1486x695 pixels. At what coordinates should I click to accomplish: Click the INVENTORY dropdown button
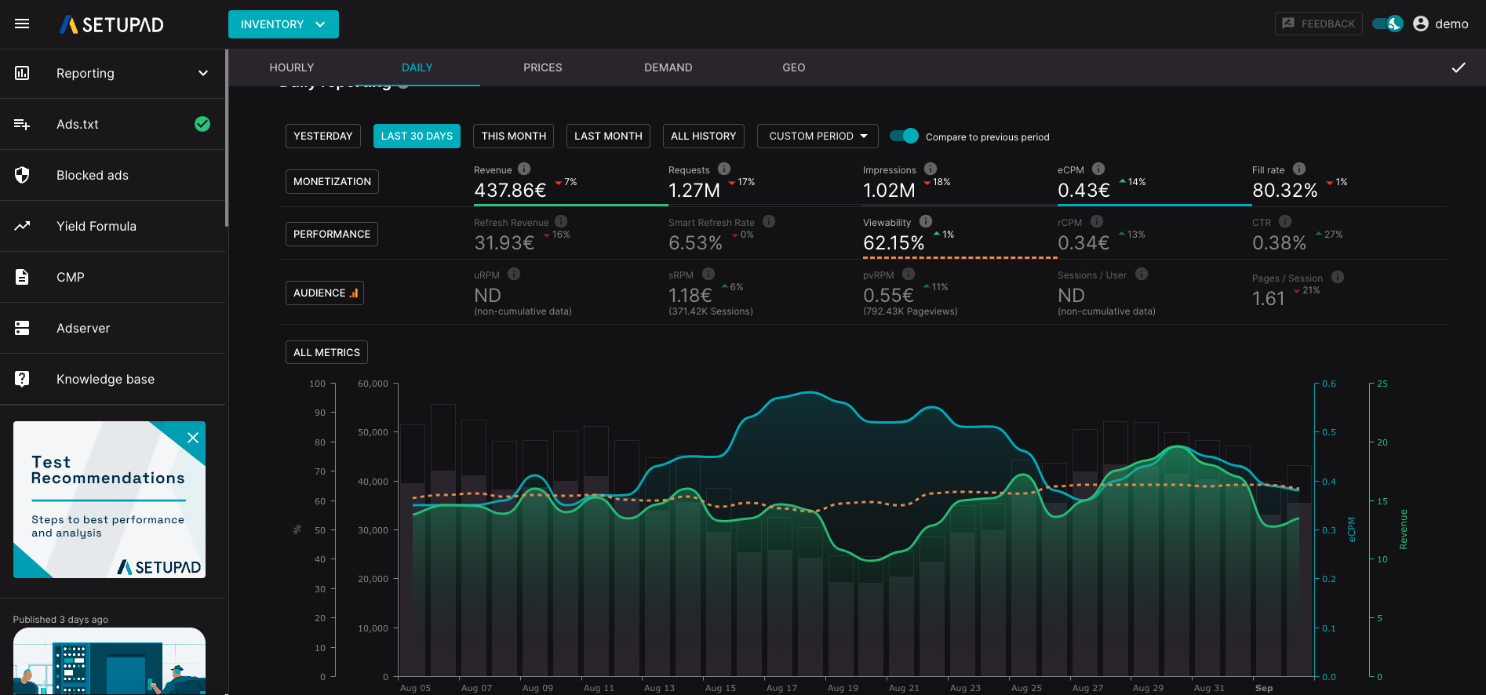pos(283,24)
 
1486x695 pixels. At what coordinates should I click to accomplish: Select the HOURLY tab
pos(292,67)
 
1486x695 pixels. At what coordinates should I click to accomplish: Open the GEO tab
pos(793,67)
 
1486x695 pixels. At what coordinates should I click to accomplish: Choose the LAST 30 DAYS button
pos(417,136)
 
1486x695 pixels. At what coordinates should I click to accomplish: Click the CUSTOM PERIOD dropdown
pos(818,136)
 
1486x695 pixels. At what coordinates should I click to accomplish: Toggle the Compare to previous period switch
pos(905,136)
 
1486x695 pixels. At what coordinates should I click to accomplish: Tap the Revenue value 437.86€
pos(510,190)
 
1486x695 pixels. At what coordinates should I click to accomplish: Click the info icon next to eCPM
pos(1098,169)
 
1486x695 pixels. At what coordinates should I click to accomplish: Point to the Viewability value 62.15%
pos(894,243)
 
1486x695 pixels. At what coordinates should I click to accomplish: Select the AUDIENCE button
pos(325,293)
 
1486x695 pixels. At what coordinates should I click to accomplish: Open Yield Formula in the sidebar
pos(97,226)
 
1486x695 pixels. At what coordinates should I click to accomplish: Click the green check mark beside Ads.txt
pos(202,124)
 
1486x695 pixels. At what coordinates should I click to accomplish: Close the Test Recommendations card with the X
pos(192,438)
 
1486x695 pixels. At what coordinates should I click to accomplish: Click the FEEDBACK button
pos(1319,24)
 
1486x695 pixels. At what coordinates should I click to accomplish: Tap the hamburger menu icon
pos(22,24)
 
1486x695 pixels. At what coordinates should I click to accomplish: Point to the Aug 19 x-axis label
pos(843,688)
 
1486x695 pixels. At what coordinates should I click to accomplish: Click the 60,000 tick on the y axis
pos(373,384)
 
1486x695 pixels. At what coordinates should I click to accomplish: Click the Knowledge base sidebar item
pos(105,379)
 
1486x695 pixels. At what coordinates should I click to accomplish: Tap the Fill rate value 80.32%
pos(1284,190)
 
